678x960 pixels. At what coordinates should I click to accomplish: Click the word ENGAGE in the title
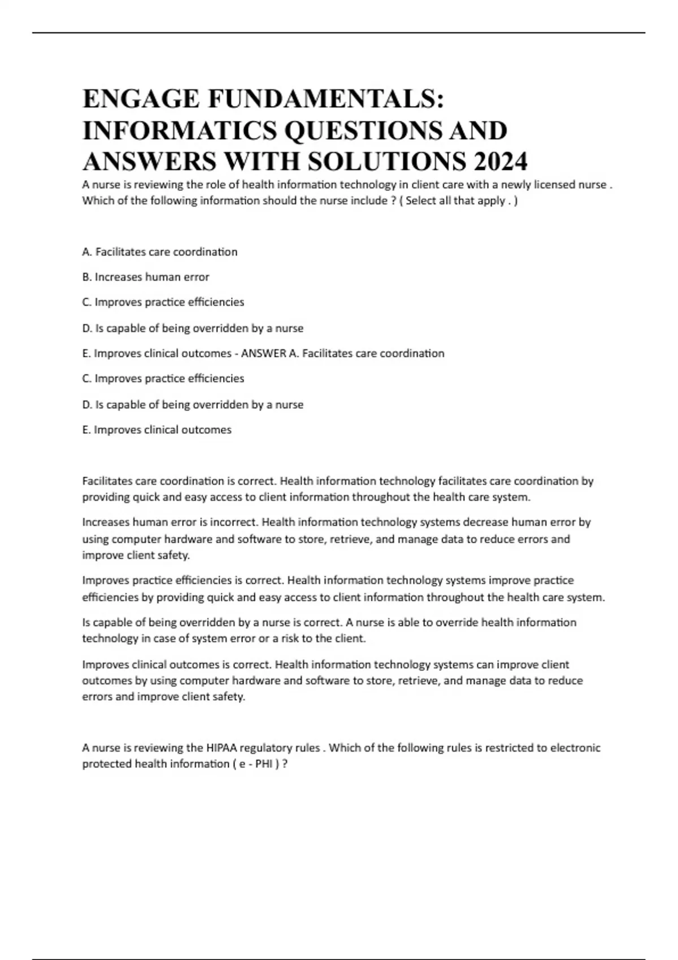click(141, 99)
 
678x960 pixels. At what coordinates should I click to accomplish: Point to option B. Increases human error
click(146, 277)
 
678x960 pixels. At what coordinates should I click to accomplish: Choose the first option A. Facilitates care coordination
click(160, 252)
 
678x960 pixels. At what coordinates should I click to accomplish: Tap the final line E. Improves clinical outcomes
click(157, 430)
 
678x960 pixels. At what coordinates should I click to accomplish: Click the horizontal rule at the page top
click(339, 33)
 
